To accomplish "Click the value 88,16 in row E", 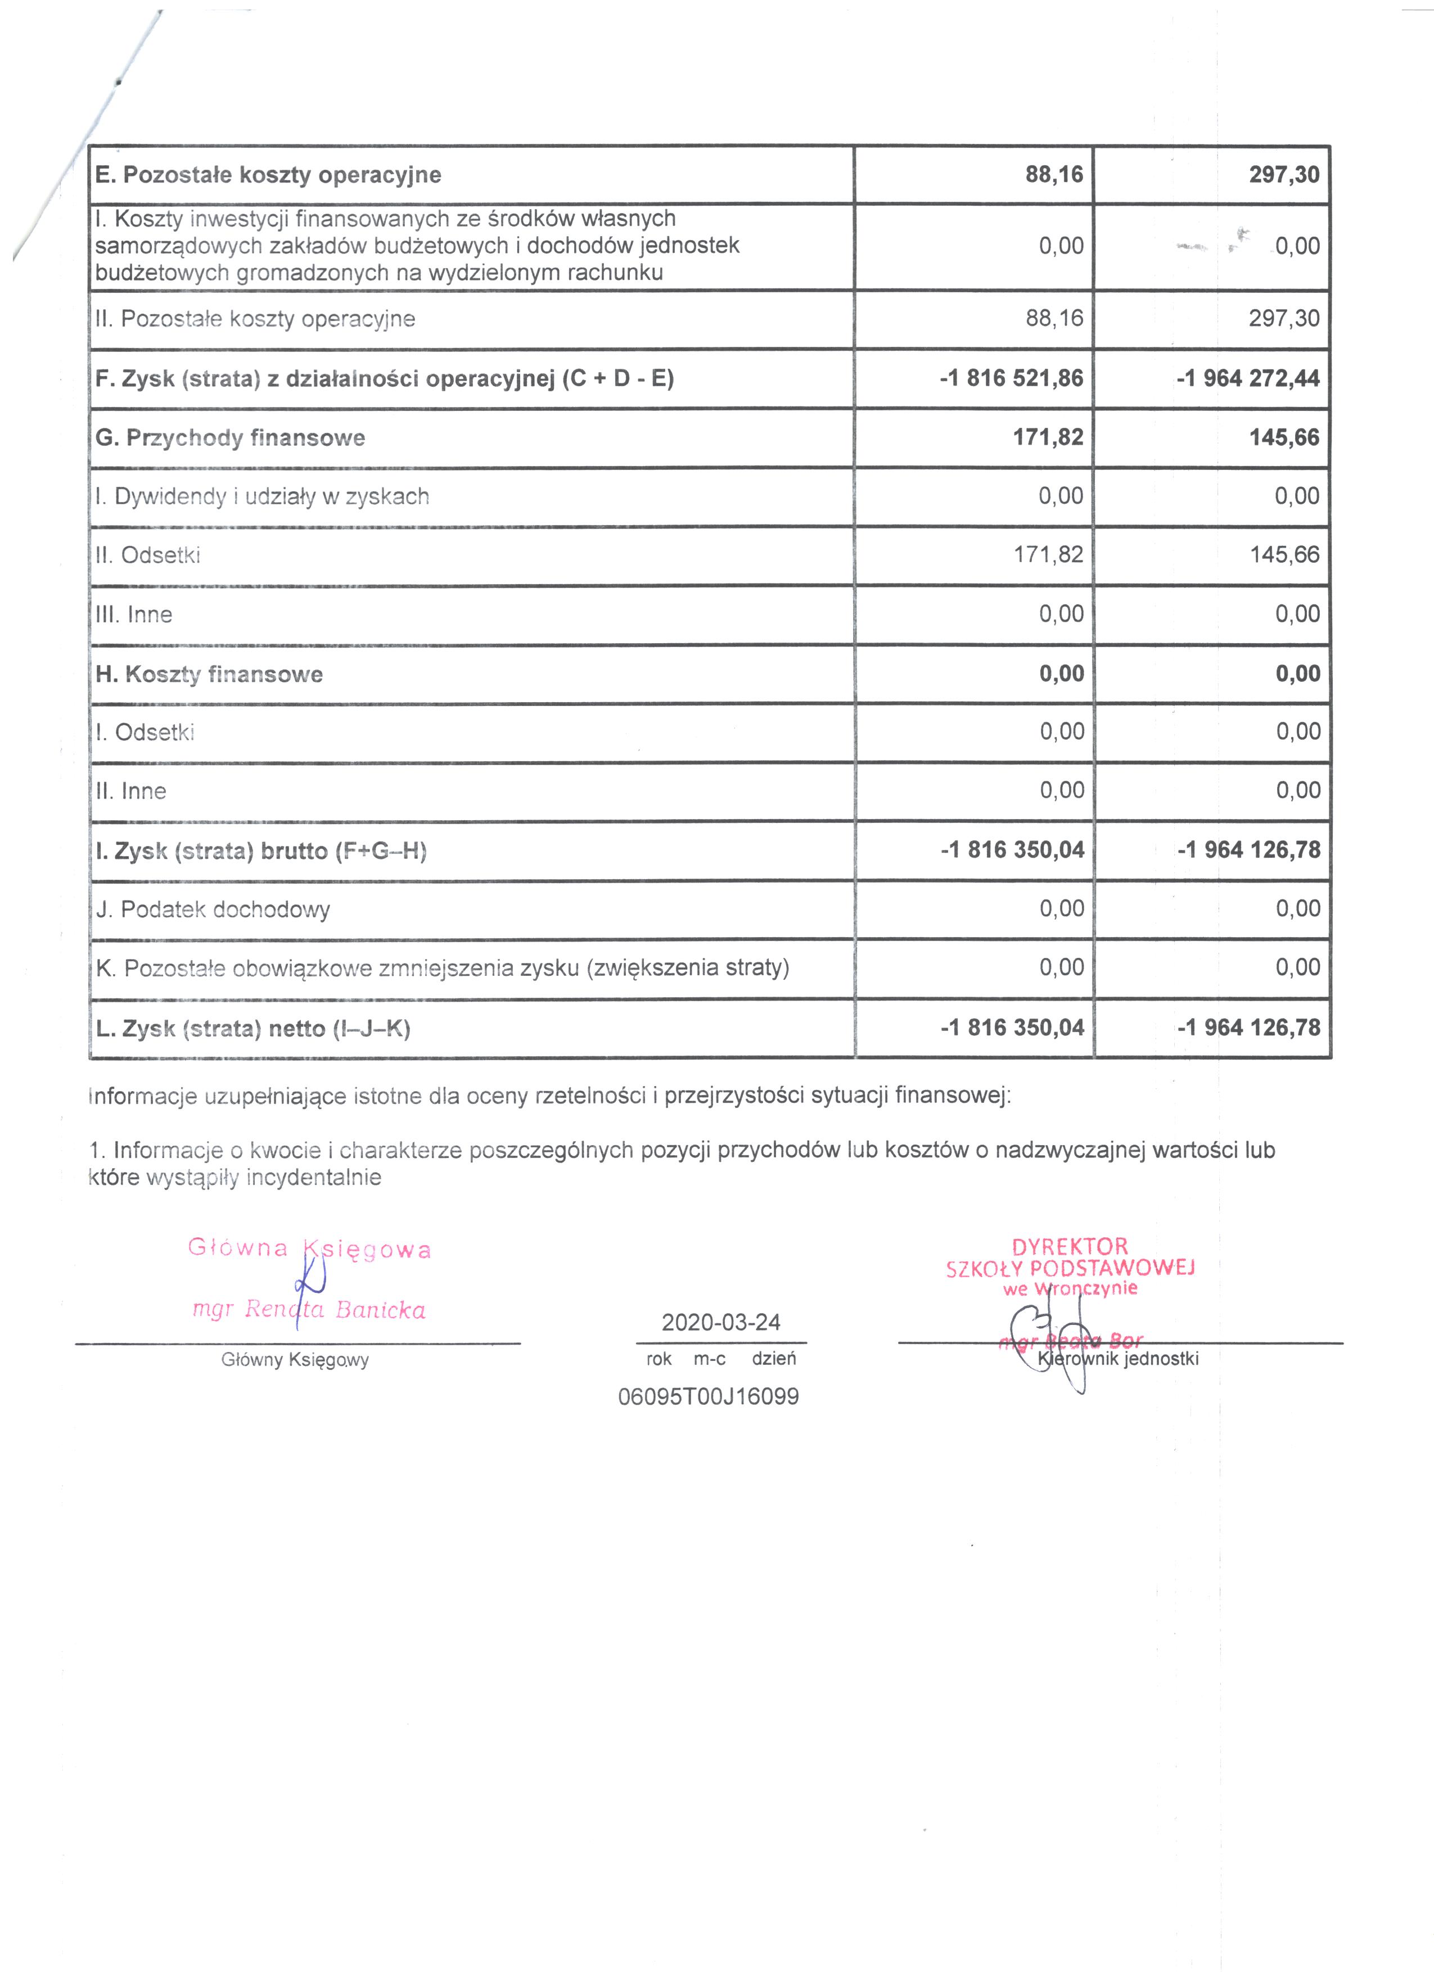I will click(x=1054, y=175).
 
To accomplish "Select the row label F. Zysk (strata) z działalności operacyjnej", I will click(x=384, y=379).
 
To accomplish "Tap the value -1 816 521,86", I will click(x=1011, y=378).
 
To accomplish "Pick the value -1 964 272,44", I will click(x=1248, y=378).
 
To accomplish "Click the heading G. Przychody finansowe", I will click(x=229, y=437).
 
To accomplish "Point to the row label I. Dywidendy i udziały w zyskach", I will click(x=261, y=496).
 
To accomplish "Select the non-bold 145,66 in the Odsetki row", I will click(x=1284, y=555).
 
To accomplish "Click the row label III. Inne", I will click(x=134, y=615).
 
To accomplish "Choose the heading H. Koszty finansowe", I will click(x=209, y=674).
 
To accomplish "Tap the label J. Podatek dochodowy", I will click(x=213, y=910).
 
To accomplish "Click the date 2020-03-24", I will click(x=721, y=1323).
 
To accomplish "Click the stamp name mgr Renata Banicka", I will click(x=309, y=1309).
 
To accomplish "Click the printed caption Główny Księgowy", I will click(x=295, y=1360).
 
